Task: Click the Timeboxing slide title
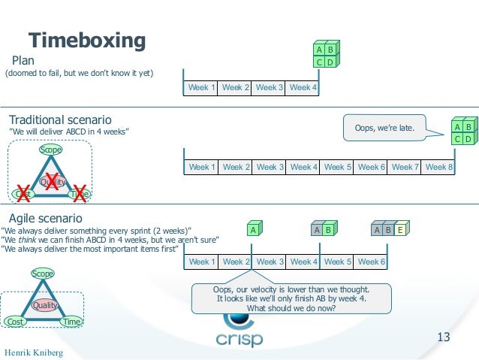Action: [x=86, y=40]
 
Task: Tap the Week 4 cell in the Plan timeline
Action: [x=303, y=88]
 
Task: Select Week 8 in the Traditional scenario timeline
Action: [x=439, y=167]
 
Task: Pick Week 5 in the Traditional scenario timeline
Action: [x=338, y=167]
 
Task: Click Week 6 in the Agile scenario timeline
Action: [x=372, y=262]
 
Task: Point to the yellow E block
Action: [x=401, y=230]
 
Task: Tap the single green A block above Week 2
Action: [x=254, y=229]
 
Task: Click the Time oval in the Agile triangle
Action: [x=71, y=322]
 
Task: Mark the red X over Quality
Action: [x=52, y=180]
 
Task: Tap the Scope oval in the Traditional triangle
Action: [x=51, y=150]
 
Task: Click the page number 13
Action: [x=443, y=337]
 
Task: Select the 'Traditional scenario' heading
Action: [x=60, y=120]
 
